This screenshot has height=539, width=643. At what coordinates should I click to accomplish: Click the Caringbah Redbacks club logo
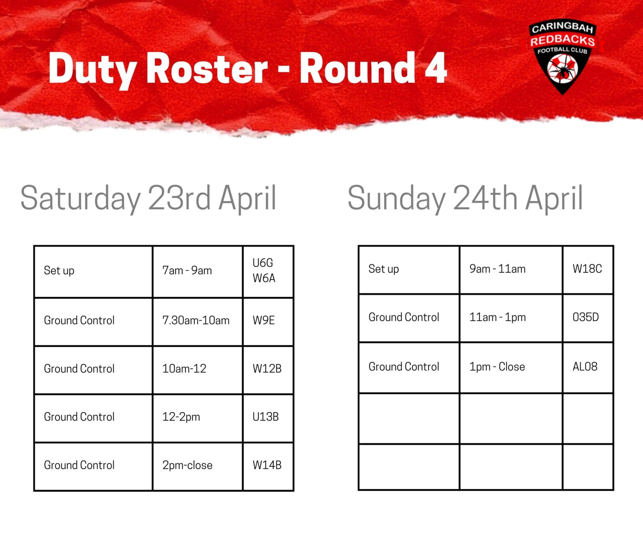pos(562,57)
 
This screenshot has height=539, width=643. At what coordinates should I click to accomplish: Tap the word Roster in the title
pos(207,68)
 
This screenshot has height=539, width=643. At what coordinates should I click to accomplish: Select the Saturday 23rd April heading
pos(148,198)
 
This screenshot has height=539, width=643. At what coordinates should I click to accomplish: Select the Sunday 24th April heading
pos(465,198)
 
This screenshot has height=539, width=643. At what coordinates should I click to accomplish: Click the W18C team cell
pos(587,269)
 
